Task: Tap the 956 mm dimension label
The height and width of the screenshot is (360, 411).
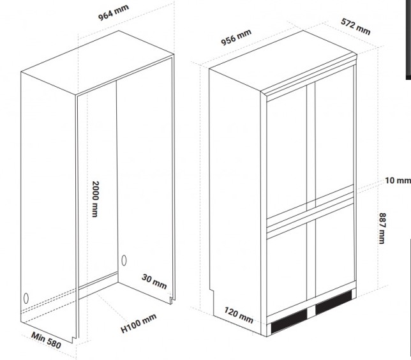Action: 236,38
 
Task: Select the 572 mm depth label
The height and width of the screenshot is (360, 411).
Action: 355,26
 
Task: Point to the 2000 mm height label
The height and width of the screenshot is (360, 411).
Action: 94,196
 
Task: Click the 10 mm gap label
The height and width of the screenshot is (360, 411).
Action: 396,181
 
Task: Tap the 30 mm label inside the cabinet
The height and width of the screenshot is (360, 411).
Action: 154,281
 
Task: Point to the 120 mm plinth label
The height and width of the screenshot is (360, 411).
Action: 238,313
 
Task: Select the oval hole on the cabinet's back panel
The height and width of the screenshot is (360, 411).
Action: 123,260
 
